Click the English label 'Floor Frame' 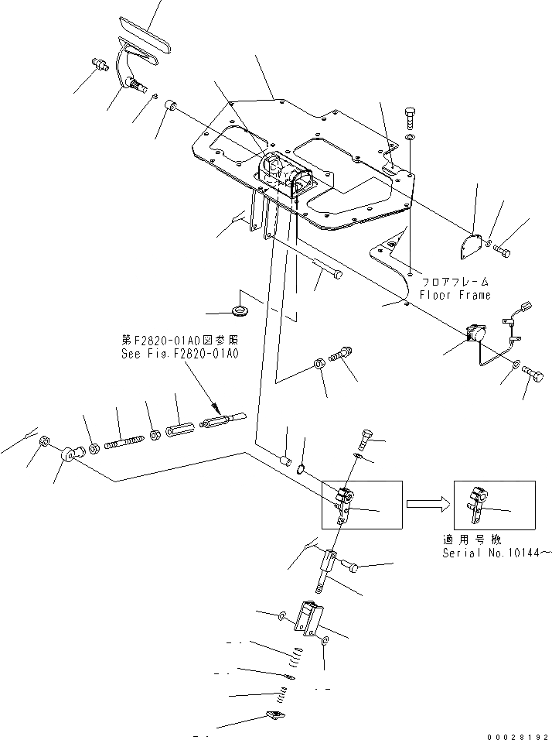pos(455,295)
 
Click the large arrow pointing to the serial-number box pos(424,503)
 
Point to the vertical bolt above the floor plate pos(410,119)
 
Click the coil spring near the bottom pos(295,659)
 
